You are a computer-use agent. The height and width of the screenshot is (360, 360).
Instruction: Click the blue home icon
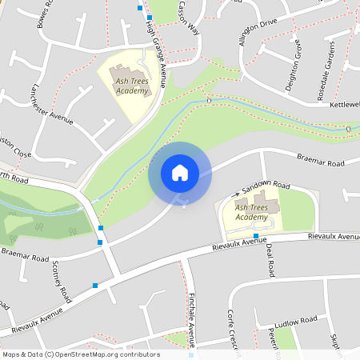(x=179, y=173)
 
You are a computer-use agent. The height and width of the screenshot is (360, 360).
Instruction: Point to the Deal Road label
(x=270, y=264)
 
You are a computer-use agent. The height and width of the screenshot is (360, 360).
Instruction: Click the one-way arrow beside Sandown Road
(x=236, y=194)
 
